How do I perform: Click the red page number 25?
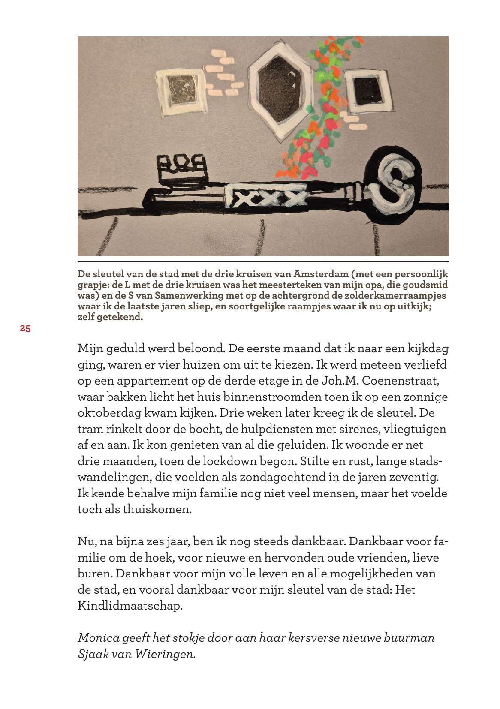tap(25, 329)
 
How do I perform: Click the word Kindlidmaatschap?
tap(130, 606)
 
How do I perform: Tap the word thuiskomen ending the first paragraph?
tap(157, 510)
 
